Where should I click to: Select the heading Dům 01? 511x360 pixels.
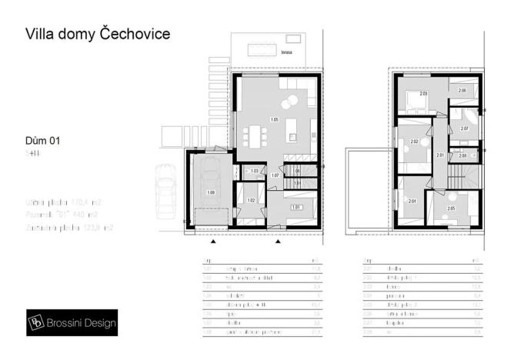click(x=42, y=141)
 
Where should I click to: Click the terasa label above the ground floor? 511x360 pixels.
click(x=308, y=55)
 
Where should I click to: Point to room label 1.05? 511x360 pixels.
click(x=274, y=119)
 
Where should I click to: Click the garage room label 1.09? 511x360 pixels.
click(x=212, y=192)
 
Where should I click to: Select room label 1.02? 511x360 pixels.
click(x=251, y=201)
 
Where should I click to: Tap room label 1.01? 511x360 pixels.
click(x=295, y=207)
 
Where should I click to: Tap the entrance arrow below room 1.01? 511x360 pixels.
click(x=279, y=241)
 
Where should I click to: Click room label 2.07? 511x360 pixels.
click(x=464, y=128)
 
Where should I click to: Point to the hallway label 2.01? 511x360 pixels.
click(x=440, y=155)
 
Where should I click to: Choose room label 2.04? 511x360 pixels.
click(x=412, y=201)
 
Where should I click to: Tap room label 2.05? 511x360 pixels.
click(x=451, y=208)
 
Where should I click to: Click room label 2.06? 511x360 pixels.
click(x=462, y=91)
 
